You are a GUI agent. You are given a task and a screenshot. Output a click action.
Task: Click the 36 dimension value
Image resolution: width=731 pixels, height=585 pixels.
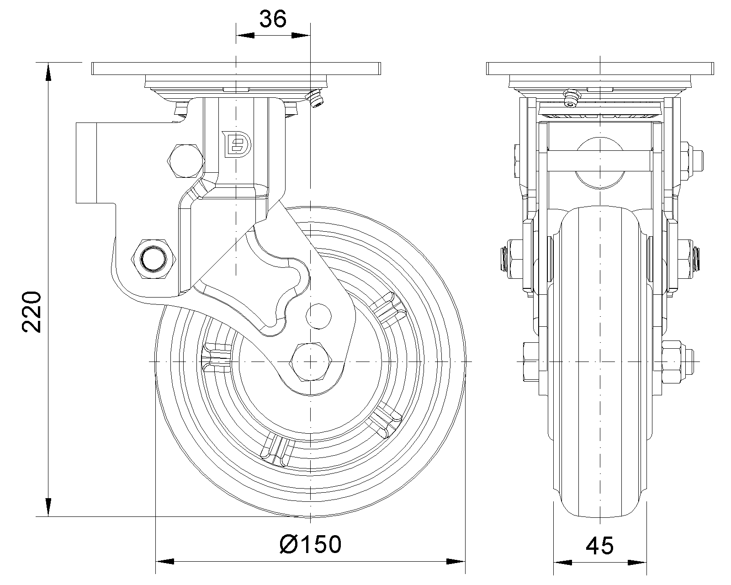pyautogui.click(x=273, y=19)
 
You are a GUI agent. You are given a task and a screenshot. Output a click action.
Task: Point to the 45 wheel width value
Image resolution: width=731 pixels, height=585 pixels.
pyautogui.click(x=600, y=545)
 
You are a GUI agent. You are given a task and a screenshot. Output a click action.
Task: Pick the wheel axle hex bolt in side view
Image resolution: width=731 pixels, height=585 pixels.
pyautogui.click(x=310, y=362)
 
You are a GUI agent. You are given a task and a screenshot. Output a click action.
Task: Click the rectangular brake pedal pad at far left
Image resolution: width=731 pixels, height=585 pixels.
pyautogui.click(x=86, y=162)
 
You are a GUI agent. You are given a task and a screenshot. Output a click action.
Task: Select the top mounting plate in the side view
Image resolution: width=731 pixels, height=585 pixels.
pyautogui.click(x=236, y=69)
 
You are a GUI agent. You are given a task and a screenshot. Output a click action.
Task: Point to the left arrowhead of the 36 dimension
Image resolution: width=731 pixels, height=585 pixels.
pyautogui.click(x=244, y=35)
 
